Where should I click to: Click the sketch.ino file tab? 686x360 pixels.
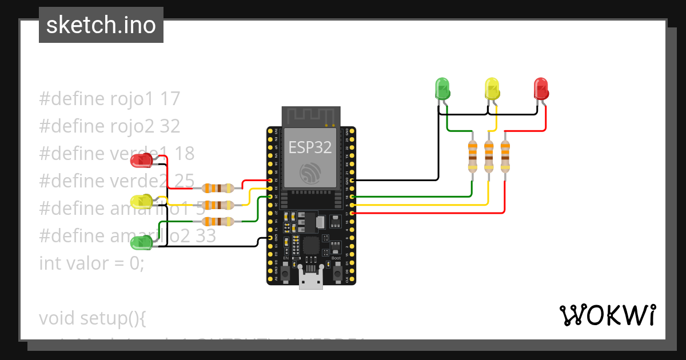tap(101, 25)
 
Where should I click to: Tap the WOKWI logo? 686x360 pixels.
tap(607, 315)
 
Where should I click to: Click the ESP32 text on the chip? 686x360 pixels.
tap(310, 147)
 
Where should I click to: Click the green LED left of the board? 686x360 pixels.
tap(141, 243)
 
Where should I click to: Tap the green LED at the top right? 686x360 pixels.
tap(442, 89)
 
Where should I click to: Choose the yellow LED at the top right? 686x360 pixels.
tap(492, 89)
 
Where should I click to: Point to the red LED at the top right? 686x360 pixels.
tap(541, 89)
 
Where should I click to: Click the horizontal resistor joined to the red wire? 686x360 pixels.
tap(218, 187)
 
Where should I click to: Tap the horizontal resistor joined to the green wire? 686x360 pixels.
tap(218, 221)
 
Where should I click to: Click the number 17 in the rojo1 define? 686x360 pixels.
tap(170, 99)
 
